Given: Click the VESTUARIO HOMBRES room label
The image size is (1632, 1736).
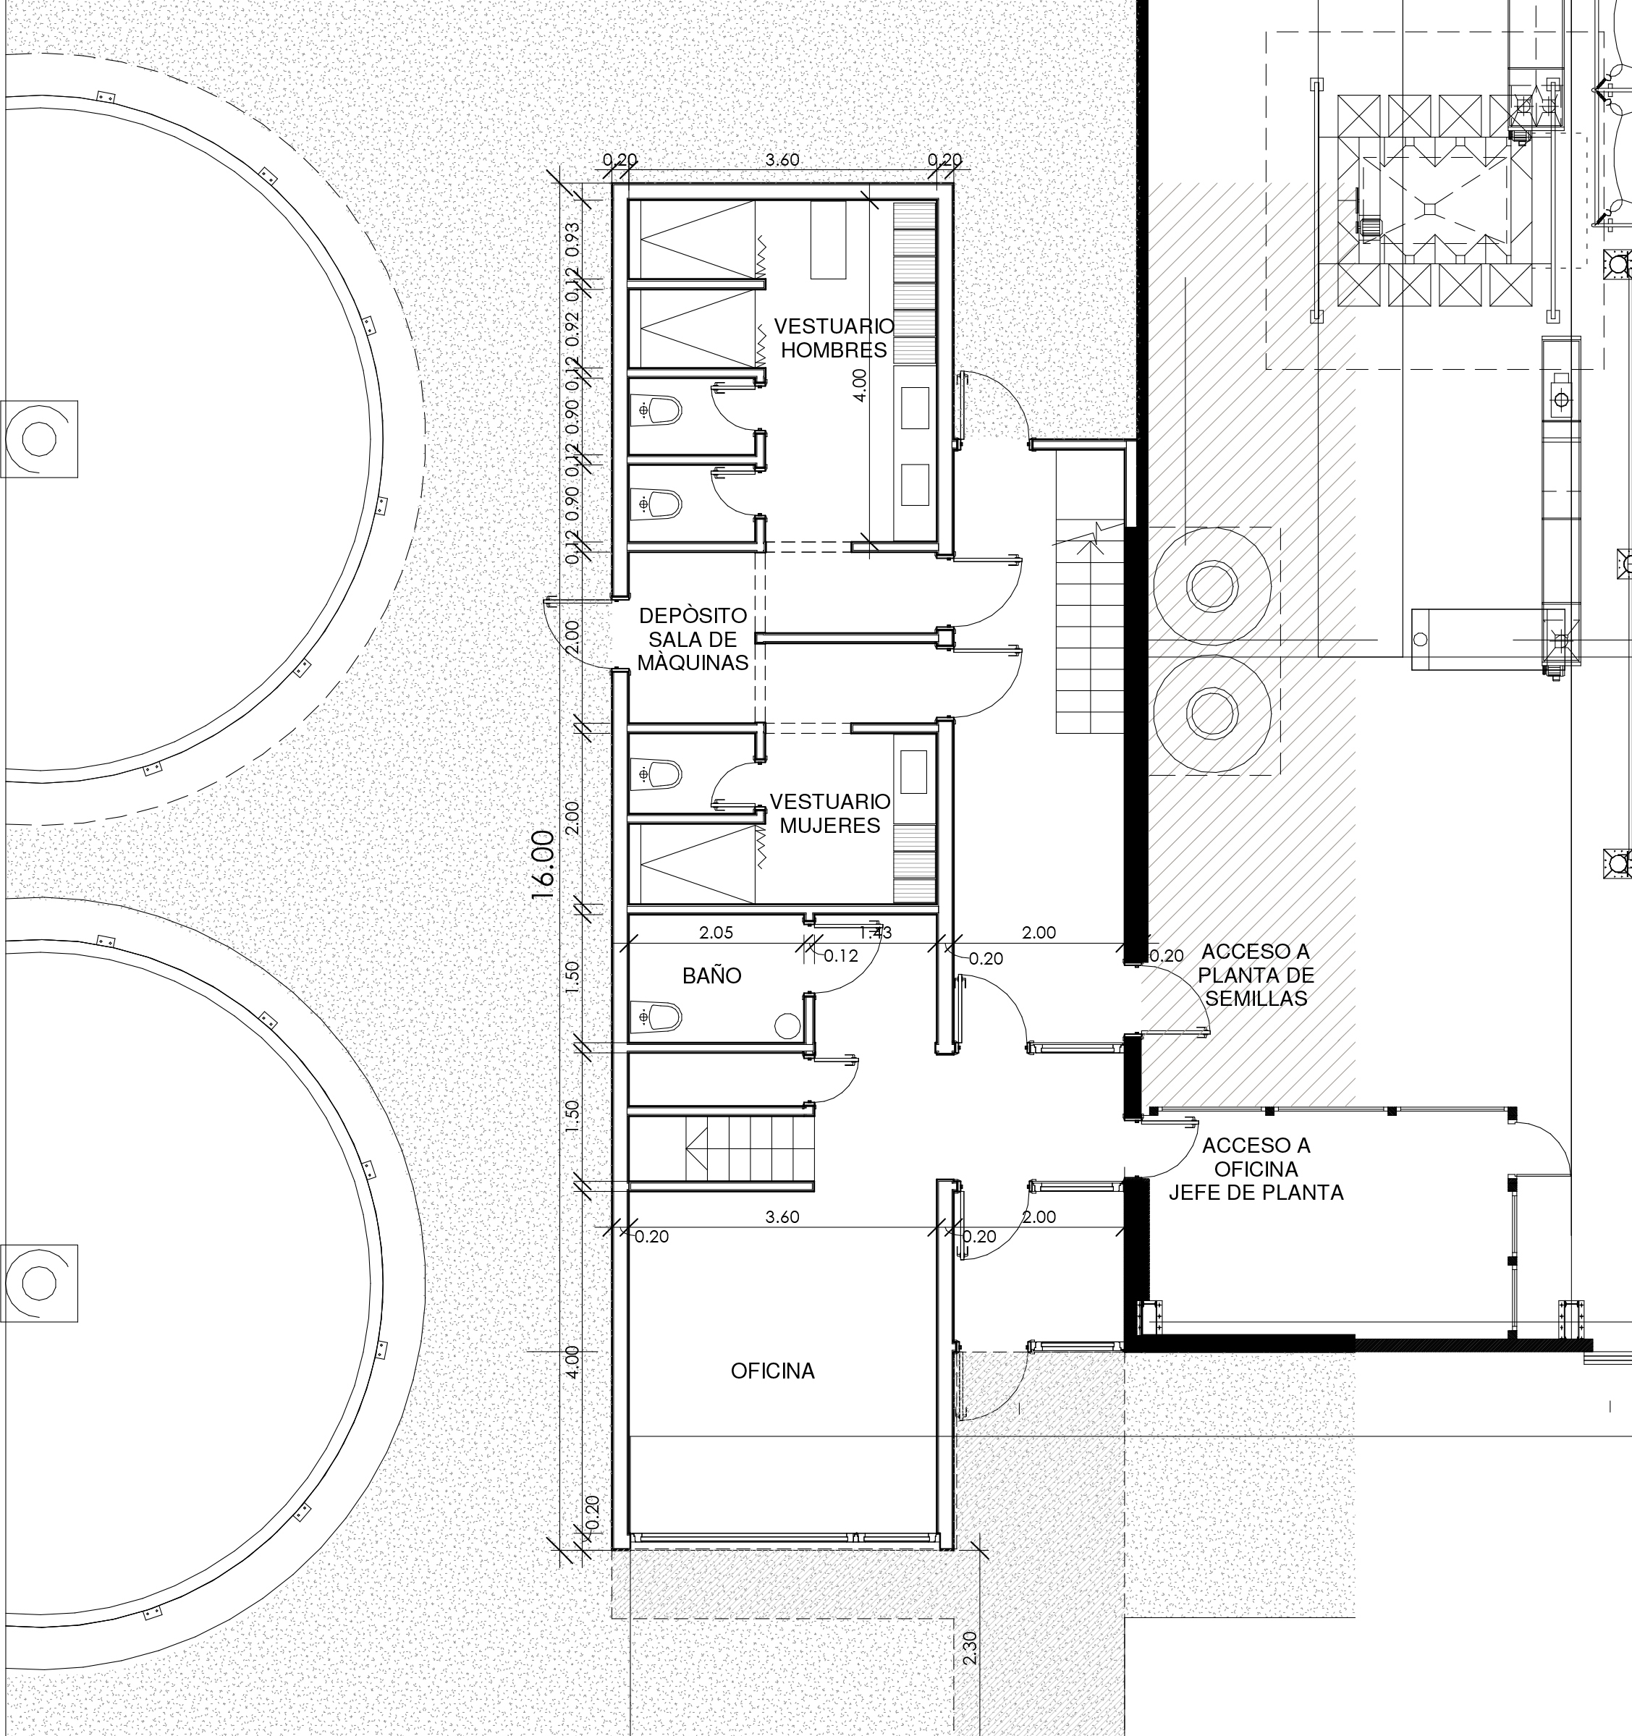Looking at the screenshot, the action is point(834,338).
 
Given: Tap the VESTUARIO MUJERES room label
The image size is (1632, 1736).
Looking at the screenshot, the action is point(829,813).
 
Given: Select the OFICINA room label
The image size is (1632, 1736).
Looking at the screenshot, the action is point(773,1371).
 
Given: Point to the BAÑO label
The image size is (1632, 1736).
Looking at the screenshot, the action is point(711,975).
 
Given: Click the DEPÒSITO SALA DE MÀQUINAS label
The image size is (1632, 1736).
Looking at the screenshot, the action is point(693,639).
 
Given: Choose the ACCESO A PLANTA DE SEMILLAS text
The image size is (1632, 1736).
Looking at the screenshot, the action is point(1256,975).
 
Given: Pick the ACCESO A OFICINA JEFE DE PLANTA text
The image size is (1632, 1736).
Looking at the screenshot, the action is point(1256,1169).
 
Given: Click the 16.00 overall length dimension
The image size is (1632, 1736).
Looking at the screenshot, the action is point(543,865).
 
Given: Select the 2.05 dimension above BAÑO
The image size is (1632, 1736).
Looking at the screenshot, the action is point(716,933).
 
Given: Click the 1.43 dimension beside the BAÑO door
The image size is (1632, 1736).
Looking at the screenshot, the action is point(875,933).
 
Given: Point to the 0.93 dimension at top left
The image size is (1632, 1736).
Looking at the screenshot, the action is point(572,238).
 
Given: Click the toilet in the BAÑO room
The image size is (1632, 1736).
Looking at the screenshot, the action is point(656,1017).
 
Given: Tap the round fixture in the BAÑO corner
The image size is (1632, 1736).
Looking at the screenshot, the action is point(787,1026).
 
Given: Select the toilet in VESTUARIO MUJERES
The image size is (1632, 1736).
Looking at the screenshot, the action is point(656,774).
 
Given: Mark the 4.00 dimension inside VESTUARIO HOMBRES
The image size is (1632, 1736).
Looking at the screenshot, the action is point(860,384).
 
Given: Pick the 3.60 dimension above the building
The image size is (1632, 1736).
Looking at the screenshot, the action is point(782,161).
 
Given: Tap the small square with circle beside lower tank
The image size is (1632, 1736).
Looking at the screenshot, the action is point(38,1283).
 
